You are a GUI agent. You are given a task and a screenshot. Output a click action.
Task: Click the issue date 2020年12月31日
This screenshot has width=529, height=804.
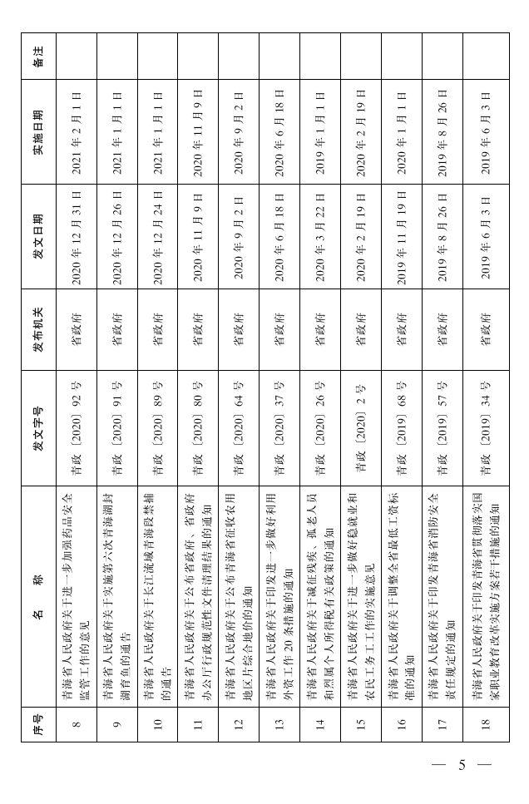(77, 237)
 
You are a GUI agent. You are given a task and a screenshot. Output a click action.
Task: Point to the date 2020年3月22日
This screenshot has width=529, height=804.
(320, 237)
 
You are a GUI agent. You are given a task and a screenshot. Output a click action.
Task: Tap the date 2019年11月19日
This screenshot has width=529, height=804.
(402, 237)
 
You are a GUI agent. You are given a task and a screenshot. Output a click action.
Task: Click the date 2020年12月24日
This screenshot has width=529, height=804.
(157, 237)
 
